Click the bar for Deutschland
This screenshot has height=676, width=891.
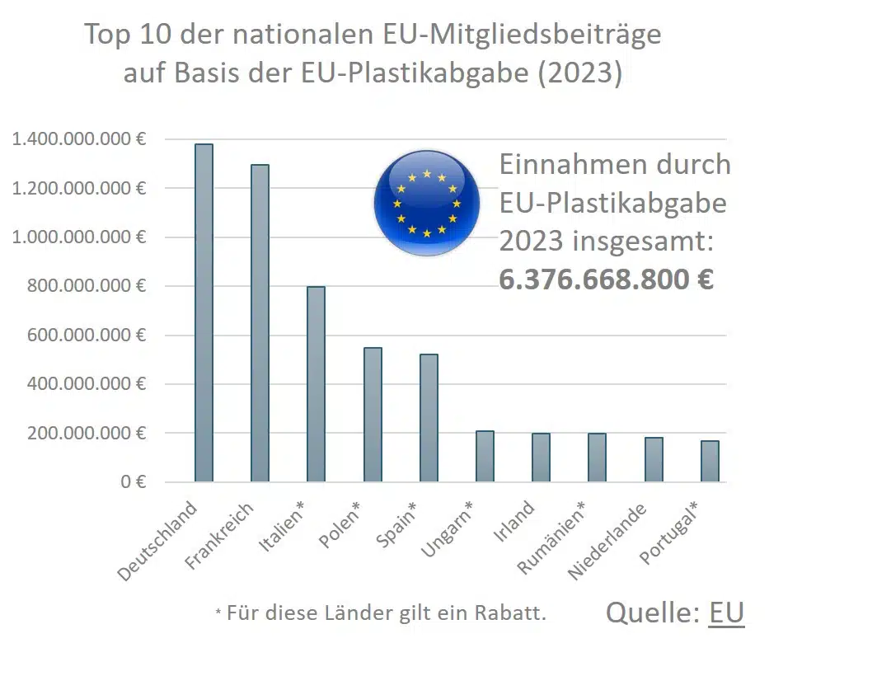pyautogui.click(x=204, y=313)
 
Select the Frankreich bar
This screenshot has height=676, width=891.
pyautogui.click(x=260, y=323)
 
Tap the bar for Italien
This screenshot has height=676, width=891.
pyautogui.click(x=316, y=384)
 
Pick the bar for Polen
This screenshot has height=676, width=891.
pyautogui.click(x=373, y=415)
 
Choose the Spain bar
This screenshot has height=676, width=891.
pyautogui.click(x=429, y=418)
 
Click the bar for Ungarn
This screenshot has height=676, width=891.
pyautogui.click(x=485, y=456)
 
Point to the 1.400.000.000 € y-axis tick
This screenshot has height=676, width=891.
pyautogui.click(x=79, y=139)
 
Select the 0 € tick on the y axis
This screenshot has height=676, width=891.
pyautogui.click(x=133, y=481)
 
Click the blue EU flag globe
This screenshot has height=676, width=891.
pyautogui.click(x=426, y=203)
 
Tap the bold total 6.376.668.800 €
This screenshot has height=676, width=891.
pyautogui.click(x=606, y=279)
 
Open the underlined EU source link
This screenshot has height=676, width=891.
pyautogui.click(x=726, y=613)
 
